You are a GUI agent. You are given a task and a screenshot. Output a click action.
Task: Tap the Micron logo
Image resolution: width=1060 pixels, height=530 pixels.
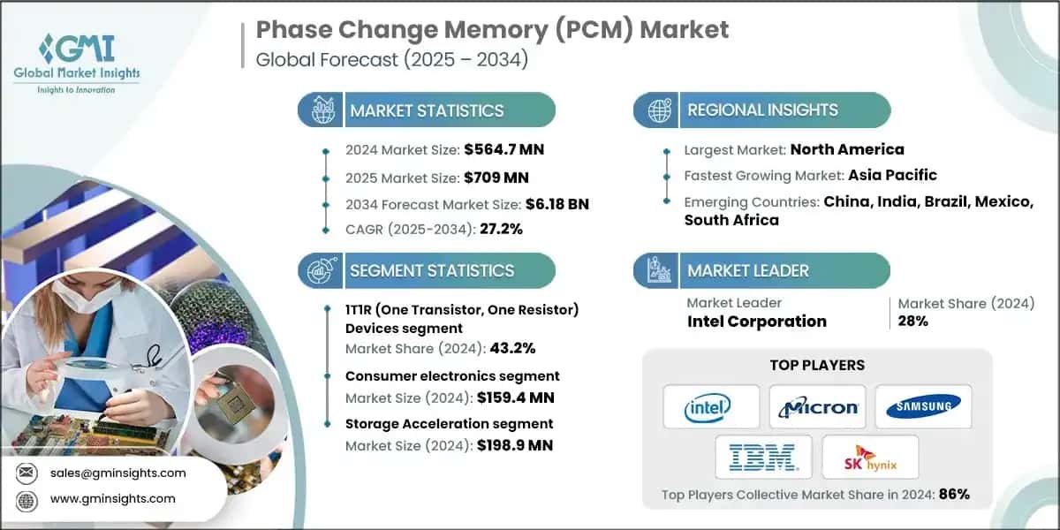click(x=817, y=407)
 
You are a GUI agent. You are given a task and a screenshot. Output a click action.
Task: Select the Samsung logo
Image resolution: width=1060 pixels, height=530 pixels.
click(x=923, y=406)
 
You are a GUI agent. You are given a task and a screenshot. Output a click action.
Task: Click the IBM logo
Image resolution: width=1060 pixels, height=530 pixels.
click(x=764, y=457)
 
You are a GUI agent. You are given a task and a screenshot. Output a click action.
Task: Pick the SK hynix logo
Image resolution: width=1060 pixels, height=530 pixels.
click(x=870, y=457)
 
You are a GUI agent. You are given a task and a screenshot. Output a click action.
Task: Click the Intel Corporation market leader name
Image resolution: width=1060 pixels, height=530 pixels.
click(x=756, y=322)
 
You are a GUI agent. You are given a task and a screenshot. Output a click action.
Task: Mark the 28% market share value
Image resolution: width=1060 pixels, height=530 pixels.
click(x=913, y=322)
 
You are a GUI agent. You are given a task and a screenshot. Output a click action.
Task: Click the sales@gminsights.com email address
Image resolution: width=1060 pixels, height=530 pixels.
click(x=118, y=473)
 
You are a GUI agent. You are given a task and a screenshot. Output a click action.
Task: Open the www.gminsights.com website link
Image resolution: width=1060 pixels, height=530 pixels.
click(x=113, y=499)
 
